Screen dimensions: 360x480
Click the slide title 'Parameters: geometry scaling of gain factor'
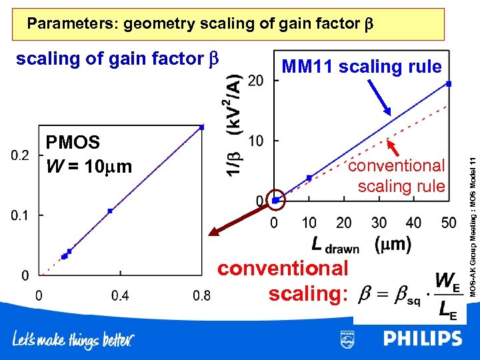(201, 24)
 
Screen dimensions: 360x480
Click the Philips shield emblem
(347, 339)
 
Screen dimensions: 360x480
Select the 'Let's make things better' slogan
(73, 341)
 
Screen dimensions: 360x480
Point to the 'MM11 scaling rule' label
(361, 67)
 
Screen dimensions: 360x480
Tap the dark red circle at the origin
(276, 199)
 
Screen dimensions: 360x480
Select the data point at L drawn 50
(449, 83)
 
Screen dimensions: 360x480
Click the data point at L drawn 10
(309, 178)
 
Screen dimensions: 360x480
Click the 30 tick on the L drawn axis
(379, 222)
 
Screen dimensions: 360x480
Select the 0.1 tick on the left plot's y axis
(20, 215)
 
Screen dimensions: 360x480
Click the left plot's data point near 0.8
(201, 127)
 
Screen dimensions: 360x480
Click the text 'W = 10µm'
(89, 165)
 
